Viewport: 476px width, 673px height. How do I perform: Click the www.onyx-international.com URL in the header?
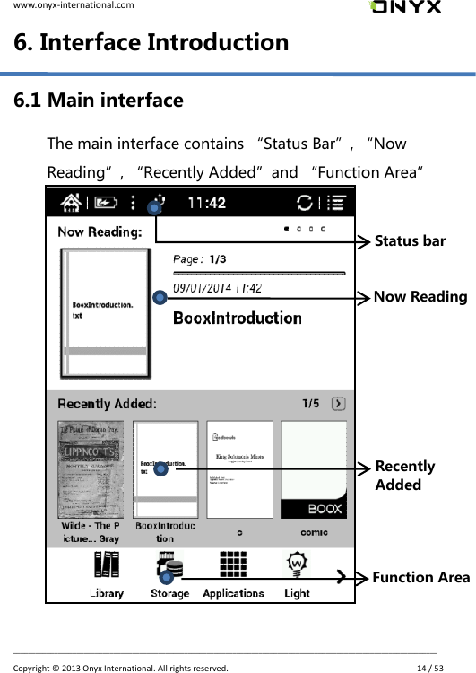pos(62,5)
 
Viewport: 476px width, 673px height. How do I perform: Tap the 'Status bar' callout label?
pos(410,241)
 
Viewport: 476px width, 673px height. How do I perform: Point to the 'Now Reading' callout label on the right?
pos(420,297)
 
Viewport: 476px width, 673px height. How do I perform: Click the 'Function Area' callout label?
pos(421,577)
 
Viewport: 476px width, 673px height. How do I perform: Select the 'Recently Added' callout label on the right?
pos(405,476)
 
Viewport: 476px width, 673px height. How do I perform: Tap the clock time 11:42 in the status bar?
pos(207,203)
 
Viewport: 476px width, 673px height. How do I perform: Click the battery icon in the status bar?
pos(105,203)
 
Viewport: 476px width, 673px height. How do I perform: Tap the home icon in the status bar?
pos(73,202)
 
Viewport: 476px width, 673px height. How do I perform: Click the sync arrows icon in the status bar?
pos(305,203)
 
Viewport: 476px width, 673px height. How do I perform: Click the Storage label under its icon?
pos(169,593)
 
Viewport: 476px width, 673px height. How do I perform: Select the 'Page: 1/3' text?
pos(199,259)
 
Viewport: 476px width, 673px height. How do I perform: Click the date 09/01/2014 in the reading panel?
pos(217,288)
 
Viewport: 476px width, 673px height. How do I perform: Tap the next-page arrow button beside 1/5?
pos(338,404)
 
